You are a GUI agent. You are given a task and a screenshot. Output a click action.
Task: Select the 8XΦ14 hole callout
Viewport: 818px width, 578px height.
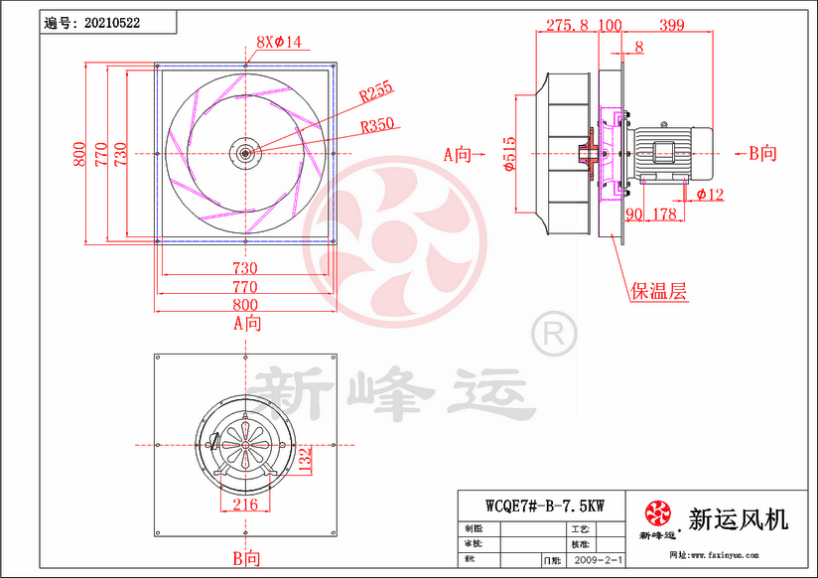278,42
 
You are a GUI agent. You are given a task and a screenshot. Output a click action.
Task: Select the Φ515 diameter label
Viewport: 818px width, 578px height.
507,154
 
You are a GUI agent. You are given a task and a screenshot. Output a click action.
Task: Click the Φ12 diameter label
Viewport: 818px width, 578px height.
710,195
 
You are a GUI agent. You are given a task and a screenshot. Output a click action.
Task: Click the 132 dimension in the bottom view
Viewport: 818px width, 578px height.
305,457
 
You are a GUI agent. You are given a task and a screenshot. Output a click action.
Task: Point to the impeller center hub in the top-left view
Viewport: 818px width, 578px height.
244,153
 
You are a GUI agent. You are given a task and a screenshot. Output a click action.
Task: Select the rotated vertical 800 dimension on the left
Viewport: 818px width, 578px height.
77,154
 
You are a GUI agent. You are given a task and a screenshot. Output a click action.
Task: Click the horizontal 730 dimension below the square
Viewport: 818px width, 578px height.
245,268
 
